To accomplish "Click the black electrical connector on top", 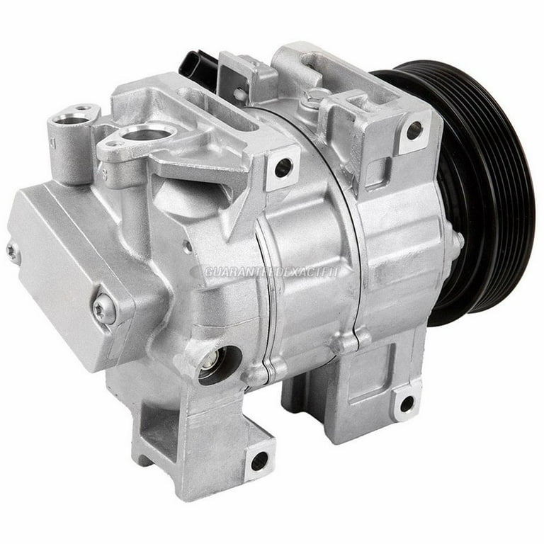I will point(198,66).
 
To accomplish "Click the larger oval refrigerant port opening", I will point(147,133).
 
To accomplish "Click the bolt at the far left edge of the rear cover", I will point(12,250).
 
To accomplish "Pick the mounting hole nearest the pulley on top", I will point(414,131).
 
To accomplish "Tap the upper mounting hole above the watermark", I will point(283,168).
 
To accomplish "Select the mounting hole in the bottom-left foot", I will point(259,460).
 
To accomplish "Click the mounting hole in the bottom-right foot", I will point(406,404).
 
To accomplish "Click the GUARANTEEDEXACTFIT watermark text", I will point(273,271).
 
